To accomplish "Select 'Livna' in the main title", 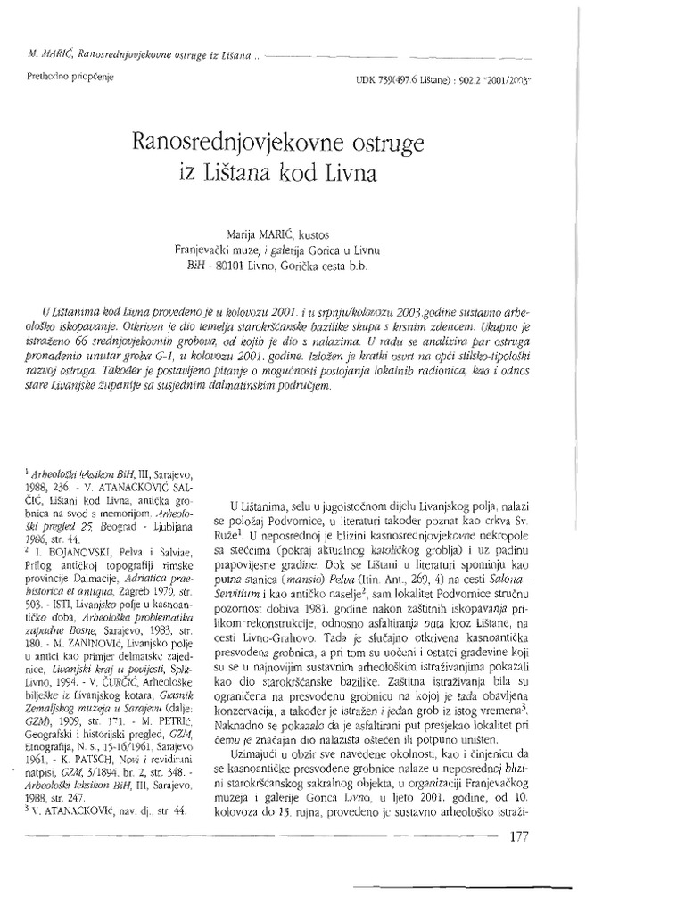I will click(x=350, y=173).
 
